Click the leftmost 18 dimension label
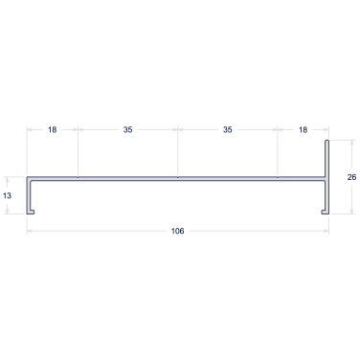click(53, 129)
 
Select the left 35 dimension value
click(127, 129)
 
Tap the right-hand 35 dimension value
click(228, 129)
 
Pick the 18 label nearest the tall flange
click(303, 129)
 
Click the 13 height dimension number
click(7, 195)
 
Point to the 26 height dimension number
click(351, 177)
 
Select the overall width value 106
click(177, 231)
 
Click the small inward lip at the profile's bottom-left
click(32, 213)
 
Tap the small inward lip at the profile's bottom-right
click(324, 213)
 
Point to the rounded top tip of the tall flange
click(326, 141)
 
